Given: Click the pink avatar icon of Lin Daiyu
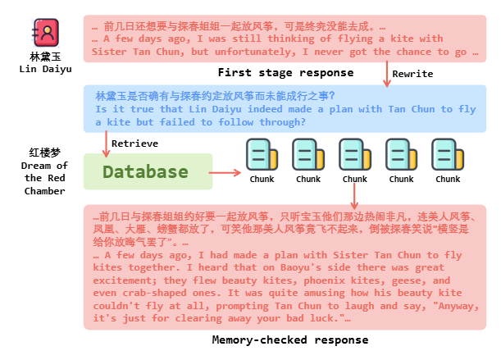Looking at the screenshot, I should pyautogui.click(x=46, y=32).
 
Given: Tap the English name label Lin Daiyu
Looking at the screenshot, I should pyautogui.click(x=46, y=69).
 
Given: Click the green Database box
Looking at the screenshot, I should pyautogui.click(x=145, y=172).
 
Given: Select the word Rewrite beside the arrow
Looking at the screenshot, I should pyautogui.click(x=412, y=74).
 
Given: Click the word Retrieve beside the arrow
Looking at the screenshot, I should pyautogui.click(x=135, y=144).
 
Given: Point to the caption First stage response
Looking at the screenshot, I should pyautogui.click(x=285, y=73).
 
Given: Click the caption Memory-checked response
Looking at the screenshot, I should pyautogui.click(x=290, y=339).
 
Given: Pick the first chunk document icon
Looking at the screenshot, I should pyautogui.click(x=262, y=155).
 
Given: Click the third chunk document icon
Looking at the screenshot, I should pyautogui.click(x=355, y=155).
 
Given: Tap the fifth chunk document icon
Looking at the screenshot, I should pyautogui.click(x=448, y=155).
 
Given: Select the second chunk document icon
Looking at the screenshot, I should pyautogui.click(x=308, y=155).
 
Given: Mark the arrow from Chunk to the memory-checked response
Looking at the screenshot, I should pyautogui.click(x=355, y=194).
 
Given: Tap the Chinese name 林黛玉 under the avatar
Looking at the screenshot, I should pyautogui.click(x=46, y=57).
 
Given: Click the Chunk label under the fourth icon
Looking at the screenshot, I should pyautogui.click(x=401, y=179).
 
